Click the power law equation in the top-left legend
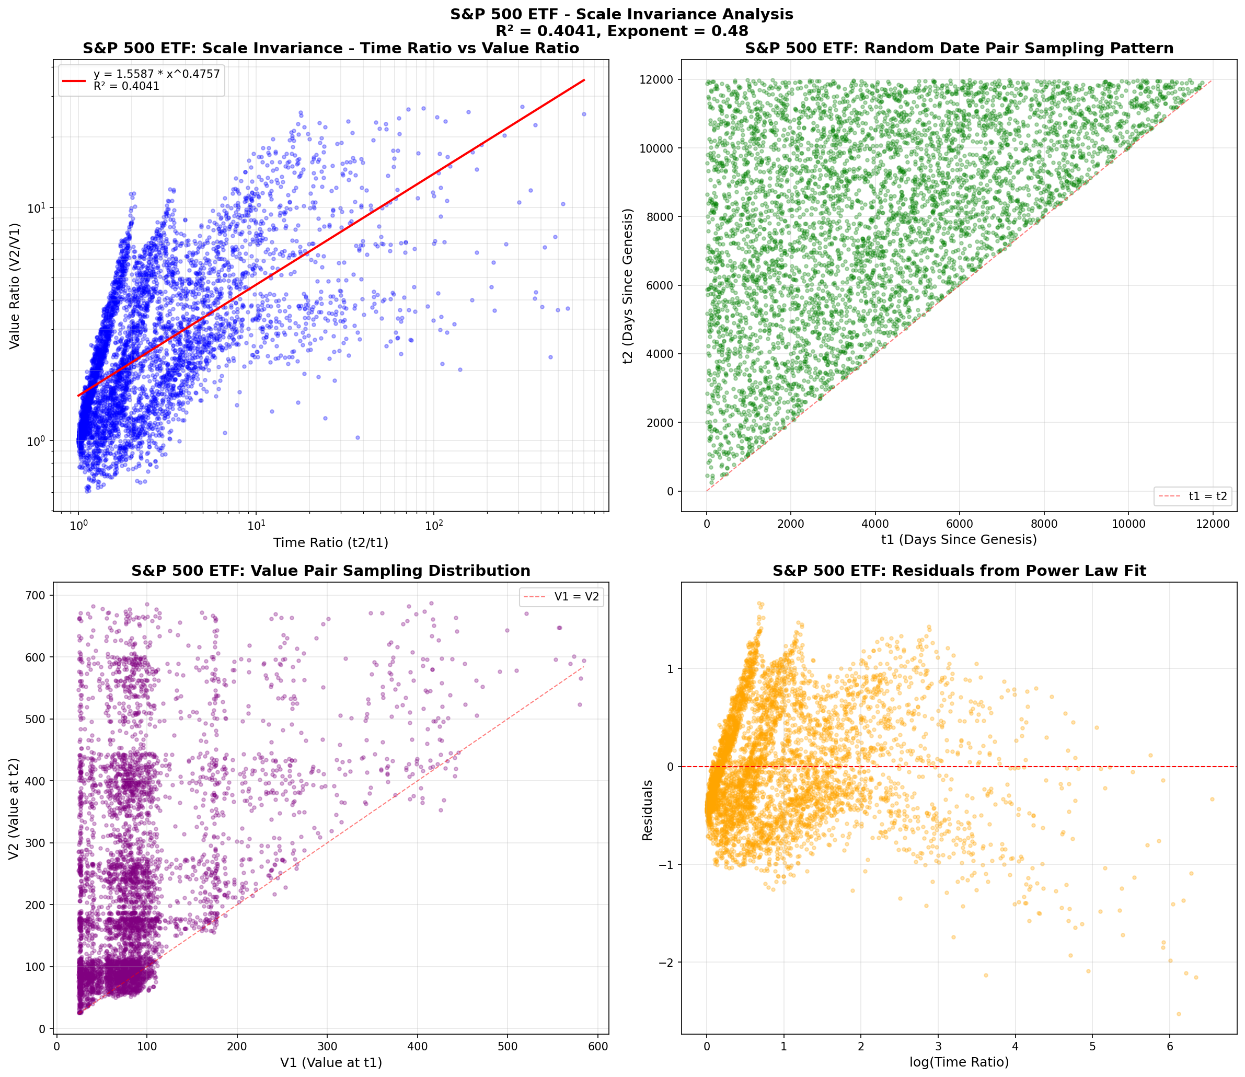pos(156,74)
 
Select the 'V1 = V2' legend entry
pos(576,597)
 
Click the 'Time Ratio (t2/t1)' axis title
pos(331,543)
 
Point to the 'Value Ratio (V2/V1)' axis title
pos(15,285)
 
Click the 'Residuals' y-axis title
pos(647,809)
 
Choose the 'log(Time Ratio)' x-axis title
pos(959,1062)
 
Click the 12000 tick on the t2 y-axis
pos(660,80)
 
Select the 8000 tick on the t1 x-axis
pos(1044,524)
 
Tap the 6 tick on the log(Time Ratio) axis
pos(1169,1046)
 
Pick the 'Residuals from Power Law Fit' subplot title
pos(959,571)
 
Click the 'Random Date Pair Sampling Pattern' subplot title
pos(959,49)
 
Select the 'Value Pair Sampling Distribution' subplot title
pos(331,571)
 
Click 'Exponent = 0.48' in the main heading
pos(677,31)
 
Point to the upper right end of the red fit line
pos(584,80)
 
